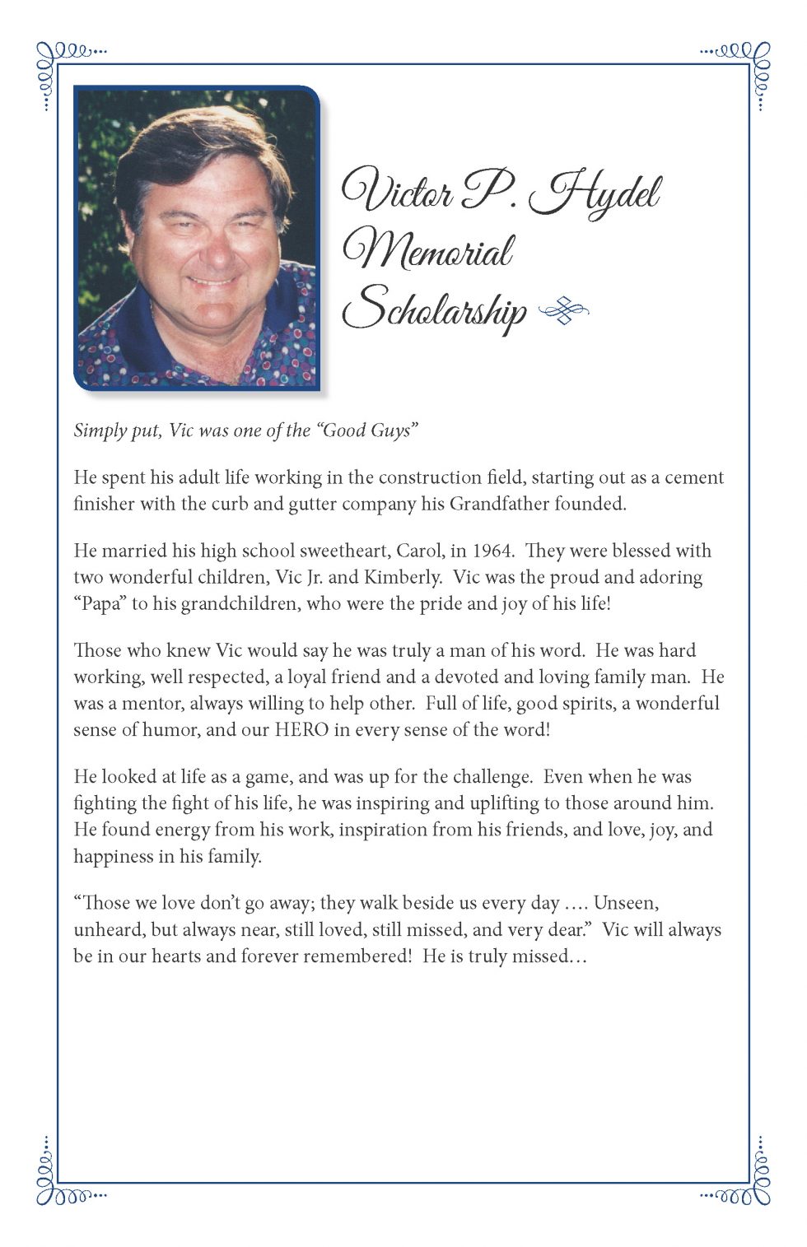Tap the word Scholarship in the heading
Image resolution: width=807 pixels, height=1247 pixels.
click(x=434, y=309)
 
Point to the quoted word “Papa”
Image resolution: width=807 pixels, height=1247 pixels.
click(x=100, y=603)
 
